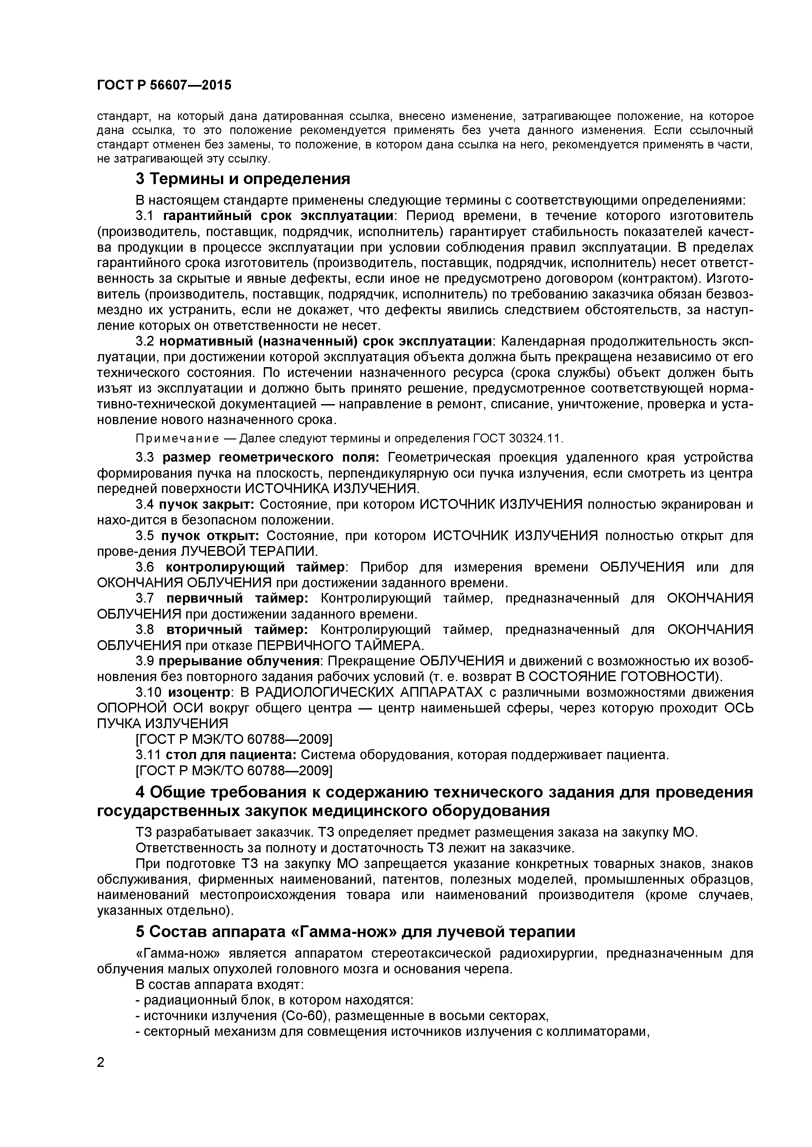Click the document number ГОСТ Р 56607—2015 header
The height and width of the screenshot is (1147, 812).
pyautogui.click(x=164, y=85)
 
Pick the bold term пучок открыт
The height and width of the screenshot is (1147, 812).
pyautogui.click(x=210, y=536)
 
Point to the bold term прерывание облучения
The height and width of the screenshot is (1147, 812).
pyautogui.click(x=239, y=661)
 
